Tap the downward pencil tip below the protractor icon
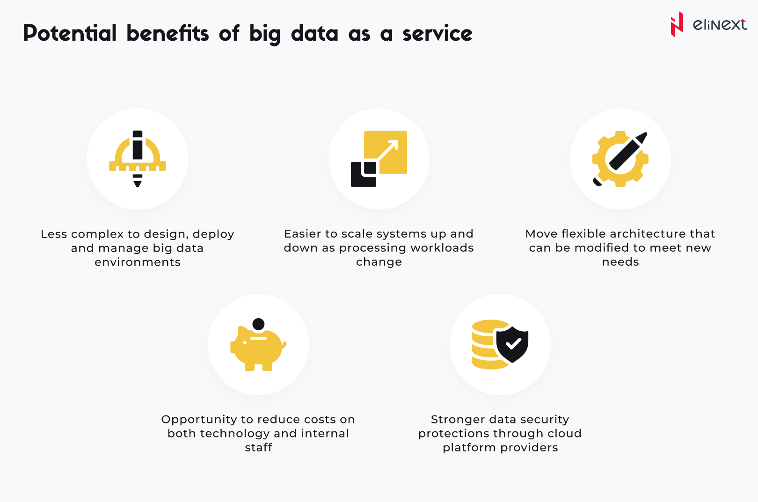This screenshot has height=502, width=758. click(x=138, y=186)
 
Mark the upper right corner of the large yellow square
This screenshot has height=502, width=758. click(x=407, y=131)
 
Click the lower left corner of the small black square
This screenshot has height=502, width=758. click(x=351, y=186)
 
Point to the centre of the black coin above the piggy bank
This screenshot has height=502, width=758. click(x=259, y=324)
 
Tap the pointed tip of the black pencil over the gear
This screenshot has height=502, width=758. click(x=646, y=133)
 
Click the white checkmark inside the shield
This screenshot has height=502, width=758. click(x=513, y=344)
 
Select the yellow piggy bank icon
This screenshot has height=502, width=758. click(x=258, y=349)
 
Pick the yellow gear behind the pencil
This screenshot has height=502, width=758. click(x=620, y=159)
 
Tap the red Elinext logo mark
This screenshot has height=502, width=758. click(x=677, y=24)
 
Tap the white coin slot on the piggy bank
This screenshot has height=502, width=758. click(x=259, y=338)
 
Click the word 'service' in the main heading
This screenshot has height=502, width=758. click(x=437, y=34)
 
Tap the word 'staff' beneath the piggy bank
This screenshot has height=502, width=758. click(x=259, y=447)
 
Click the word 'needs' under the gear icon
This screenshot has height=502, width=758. click(x=620, y=262)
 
